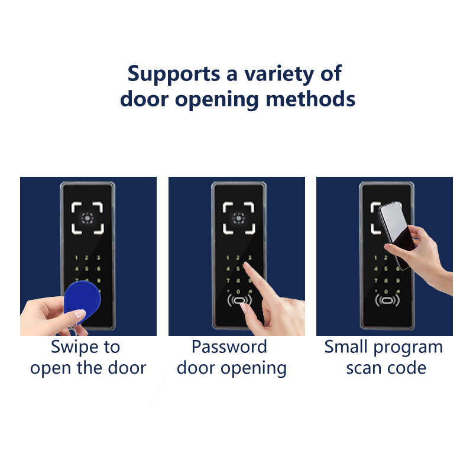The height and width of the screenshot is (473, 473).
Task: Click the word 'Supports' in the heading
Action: click(x=174, y=74)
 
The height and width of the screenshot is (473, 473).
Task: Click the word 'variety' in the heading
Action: click(x=278, y=74)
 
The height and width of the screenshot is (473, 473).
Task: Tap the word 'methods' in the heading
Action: click(x=310, y=99)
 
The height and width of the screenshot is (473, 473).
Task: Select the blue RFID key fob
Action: click(x=82, y=302)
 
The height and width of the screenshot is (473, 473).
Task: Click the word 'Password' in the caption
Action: click(x=229, y=346)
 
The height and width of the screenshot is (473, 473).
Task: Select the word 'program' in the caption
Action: click(x=408, y=348)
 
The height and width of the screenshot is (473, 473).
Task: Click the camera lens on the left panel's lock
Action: click(x=88, y=218)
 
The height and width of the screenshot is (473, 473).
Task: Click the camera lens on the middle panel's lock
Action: click(x=239, y=218)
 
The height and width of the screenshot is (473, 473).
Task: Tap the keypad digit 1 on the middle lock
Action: click(x=228, y=258)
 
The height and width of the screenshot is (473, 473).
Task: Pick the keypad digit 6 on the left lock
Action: click(x=99, y=268)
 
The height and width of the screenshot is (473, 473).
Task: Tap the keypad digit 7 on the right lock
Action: click(x=376, y=280)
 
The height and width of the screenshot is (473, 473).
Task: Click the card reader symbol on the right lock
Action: click(x=387, y=300)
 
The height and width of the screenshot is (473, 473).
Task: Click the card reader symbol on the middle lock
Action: click(x=239, y=300)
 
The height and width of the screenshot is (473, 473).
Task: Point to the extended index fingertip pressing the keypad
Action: click(x=246, y=265)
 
